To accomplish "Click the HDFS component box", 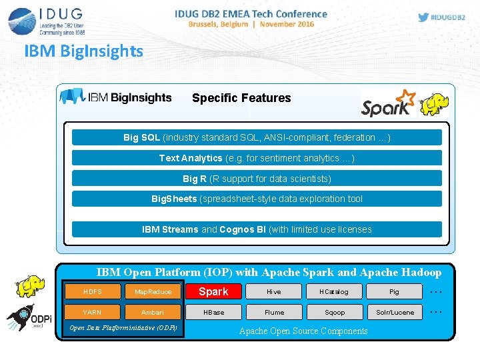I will tap(93, 291).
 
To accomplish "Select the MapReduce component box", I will tap(153, 291).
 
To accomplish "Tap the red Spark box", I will tap(213, 291).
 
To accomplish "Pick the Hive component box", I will tap(274, 291).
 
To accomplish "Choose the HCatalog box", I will tap(334, 291).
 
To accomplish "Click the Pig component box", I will tap(395, 291).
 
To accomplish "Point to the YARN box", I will tap(93, 312).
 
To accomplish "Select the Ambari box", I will tap(153, 312).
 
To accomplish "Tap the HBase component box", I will tap(213, 312).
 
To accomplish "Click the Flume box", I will tap(274, 312).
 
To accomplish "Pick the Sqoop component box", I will tap(334, 312).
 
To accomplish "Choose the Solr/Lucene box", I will tap(395, 312).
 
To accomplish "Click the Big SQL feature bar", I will tap(257, 137).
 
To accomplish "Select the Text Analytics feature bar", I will tap(257, 158).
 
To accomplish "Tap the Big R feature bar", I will tap(257, 178).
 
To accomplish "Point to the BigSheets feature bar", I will tap(257, 199).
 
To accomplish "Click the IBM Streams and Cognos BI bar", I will tap(257, 229).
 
